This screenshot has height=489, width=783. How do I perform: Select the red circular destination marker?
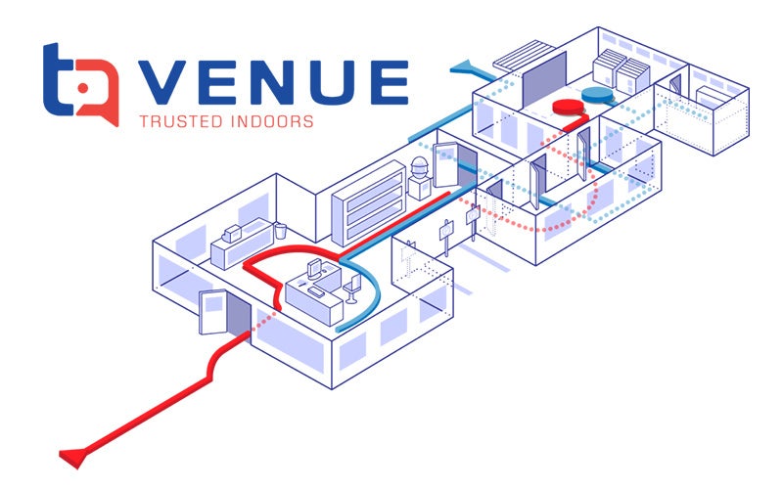click(567, 107)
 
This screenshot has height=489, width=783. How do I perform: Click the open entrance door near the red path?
click(213, 314)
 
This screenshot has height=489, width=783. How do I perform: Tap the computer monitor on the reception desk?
click(316, 267)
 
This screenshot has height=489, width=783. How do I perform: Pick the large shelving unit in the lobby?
click(368, 203)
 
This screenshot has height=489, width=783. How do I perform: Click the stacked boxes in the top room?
click(618, 71)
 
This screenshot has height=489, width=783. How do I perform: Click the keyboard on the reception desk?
click(320, 290)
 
